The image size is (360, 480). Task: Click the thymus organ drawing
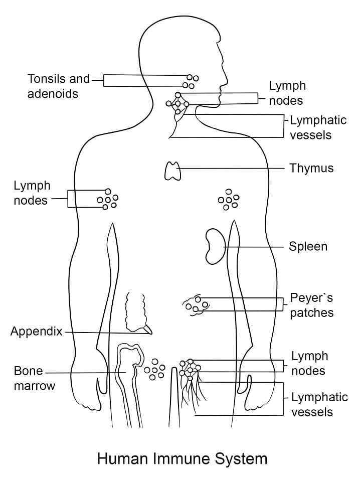click(173, 171)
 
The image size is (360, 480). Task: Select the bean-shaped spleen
click(214, 246)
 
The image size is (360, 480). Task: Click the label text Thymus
click(311, 168)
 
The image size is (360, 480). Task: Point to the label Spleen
click(308, 246)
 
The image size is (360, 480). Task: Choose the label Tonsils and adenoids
click(58, 86)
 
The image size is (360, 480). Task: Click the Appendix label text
click(36, 332)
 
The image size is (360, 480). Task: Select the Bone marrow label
click(34, 379)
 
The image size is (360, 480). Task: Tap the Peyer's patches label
click(311, 305)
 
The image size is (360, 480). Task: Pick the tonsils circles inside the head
click(191, 82)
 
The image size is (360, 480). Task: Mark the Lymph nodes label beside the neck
click(287, 93)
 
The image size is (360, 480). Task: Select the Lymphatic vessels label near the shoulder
click(311, 127)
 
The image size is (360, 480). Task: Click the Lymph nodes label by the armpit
click(32, 193)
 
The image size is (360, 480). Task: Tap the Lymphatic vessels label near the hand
click(312, 404)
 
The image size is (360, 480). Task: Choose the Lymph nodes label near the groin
click(309, 364)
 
